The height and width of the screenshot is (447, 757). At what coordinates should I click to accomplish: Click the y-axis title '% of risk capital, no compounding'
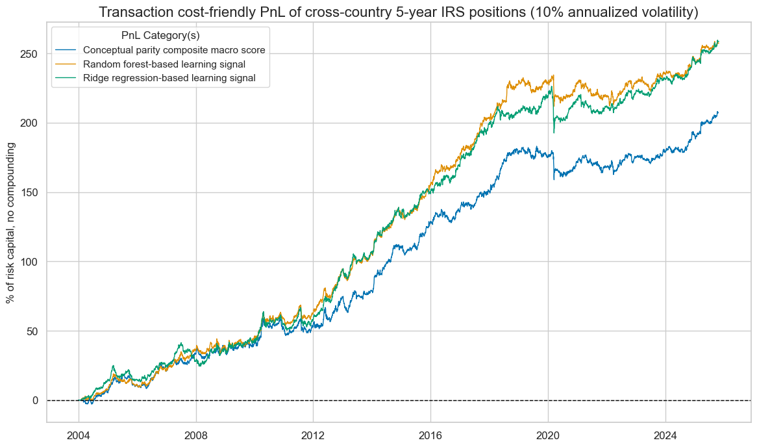click(10, 223)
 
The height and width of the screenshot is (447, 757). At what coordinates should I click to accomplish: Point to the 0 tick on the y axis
click(36, 400)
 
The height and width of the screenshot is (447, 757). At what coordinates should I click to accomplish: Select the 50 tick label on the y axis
click(34, 331)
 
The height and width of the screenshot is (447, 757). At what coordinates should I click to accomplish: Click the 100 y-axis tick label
click(31, 262)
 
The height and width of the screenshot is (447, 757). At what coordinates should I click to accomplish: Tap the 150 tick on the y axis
click(31, 192)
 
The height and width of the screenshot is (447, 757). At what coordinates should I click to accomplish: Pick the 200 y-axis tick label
click(31, 123)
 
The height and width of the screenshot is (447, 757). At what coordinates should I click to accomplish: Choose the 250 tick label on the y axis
click(31, 54)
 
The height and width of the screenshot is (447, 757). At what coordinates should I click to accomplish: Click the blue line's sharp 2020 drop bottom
click(554, 179)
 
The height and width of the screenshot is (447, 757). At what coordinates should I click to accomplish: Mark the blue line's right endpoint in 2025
click(718, 112)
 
